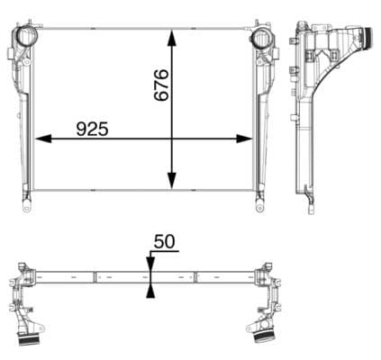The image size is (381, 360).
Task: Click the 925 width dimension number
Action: [x=92, y=129]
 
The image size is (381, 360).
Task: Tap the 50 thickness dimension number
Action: [x=164, y=241]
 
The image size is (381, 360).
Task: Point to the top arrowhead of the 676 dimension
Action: [x=173, y=35]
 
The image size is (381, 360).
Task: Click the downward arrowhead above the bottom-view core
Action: [x=150, y=264]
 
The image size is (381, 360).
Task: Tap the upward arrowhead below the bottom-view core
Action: [x=150, y=287]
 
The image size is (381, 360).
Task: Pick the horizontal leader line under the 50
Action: [x=164, y=253]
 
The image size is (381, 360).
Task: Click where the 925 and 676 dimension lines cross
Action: [x=173, y=139]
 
